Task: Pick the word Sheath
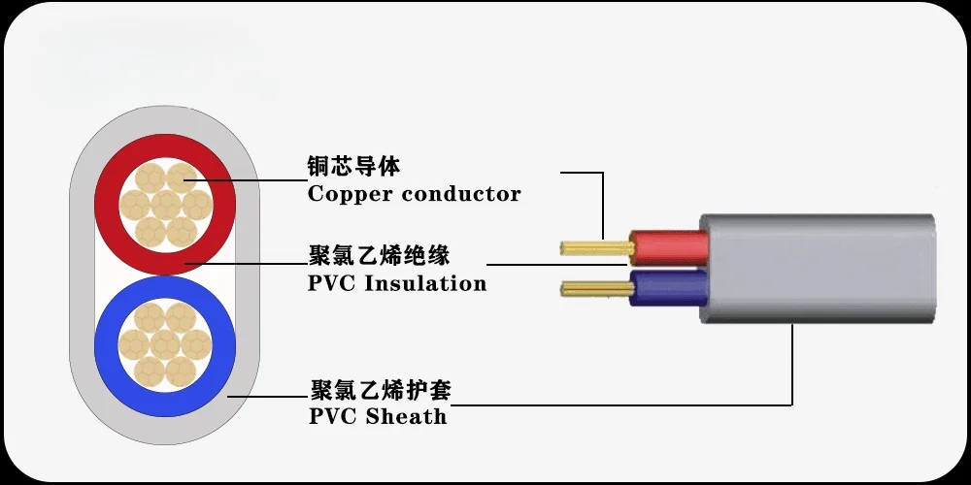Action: (x=407, y=417)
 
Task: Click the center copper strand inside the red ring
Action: (x=165, y=205)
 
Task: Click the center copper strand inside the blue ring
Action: (x=165, y=343)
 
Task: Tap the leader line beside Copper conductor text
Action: (x=243, y=179)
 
